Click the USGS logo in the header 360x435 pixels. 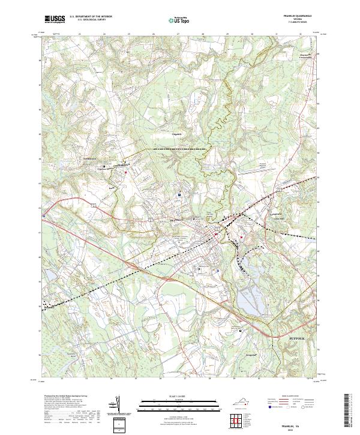(56, 19)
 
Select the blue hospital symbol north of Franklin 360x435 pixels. (179, 194)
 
